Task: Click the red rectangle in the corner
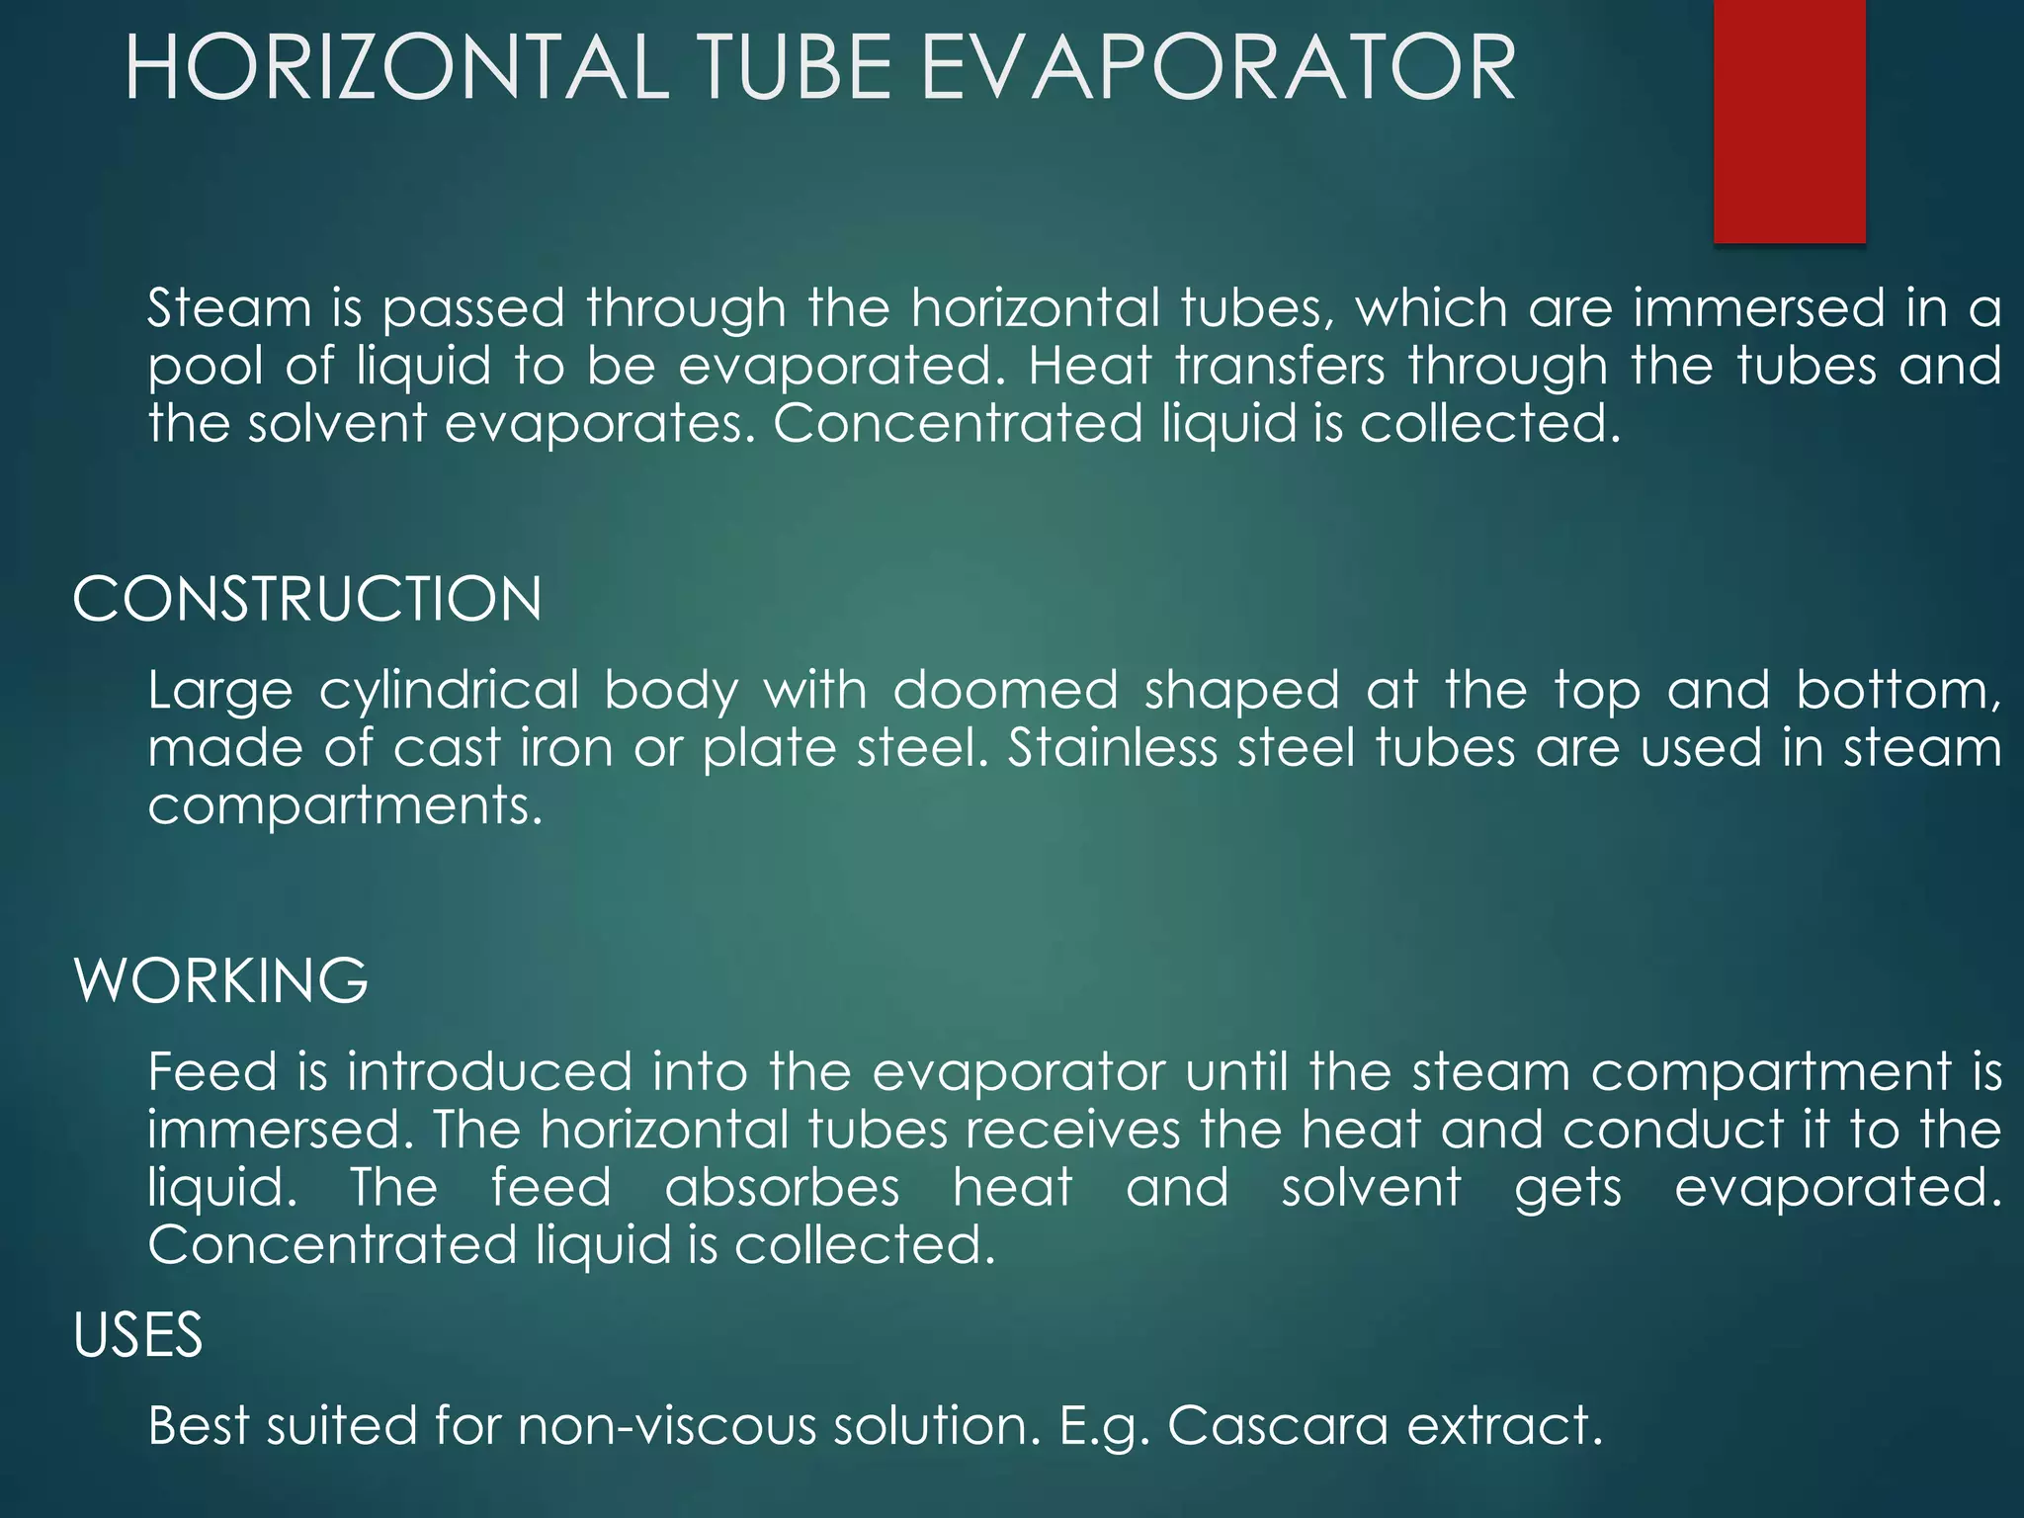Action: coord(1789,121)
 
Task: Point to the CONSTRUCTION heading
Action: coord(307,599)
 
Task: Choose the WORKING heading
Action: coord(221,980)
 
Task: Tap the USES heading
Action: coord(138,1335)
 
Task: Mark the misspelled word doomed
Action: coord(1005,690)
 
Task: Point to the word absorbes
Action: coord(782,1187)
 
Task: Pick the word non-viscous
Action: coord(667,1426)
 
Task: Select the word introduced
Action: coord(489,1072)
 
